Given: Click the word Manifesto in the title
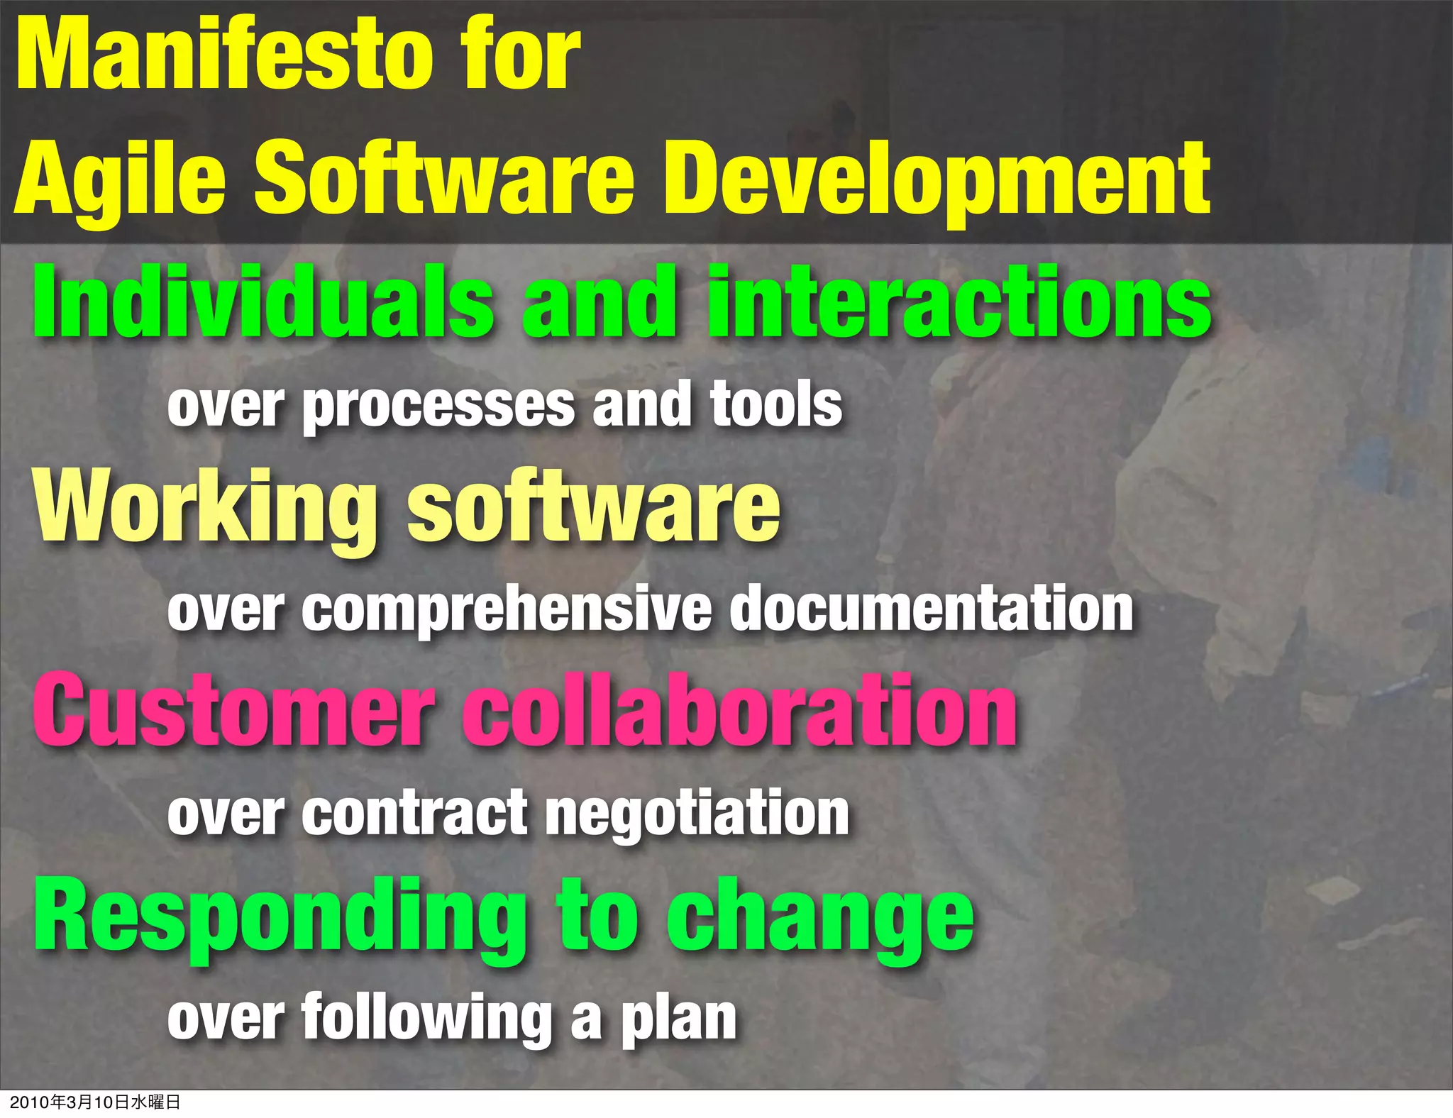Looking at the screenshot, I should tap(224, 55).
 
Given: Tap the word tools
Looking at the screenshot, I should tap(776, 404).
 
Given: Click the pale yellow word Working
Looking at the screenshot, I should tap(205, 507).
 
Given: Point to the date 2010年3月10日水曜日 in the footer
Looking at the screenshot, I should tap(95, 1102).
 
